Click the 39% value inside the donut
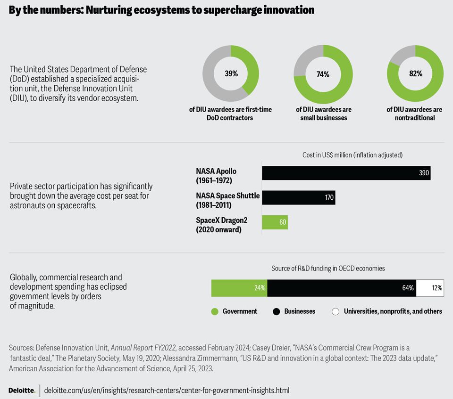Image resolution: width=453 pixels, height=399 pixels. click(x=231, y=73)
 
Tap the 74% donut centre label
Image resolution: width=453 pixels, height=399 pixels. click(x=323, y=74)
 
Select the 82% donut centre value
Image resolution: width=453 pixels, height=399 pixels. click(x=416, y=73)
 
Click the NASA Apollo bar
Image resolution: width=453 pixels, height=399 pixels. click(x=346, y=173)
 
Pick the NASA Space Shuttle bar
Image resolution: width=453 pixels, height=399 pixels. click(x=298, y=197)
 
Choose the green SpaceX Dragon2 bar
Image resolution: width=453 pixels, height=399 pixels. click(x=275, y=222)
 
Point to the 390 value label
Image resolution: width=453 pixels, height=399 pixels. click(x=424, y=173)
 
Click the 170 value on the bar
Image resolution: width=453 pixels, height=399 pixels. click(x=329, y=197)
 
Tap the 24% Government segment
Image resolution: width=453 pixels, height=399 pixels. click(x=239, y=288)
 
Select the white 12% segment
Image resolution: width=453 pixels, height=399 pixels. click(x=430, y=288)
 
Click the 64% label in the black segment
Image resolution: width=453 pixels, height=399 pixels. click(x=408, y=288)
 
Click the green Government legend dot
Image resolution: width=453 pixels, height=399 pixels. click(x=215, y=311)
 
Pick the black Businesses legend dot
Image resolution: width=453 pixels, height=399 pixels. click(x=277, y=311)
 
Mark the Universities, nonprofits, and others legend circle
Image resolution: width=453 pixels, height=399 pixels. click(x=336, y=311)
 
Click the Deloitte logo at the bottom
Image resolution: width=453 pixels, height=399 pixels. click(x=22, y=391)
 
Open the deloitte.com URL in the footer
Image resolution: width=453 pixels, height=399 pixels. click(x=167, y=391)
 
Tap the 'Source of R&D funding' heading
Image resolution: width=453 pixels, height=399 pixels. click(x=328, y=269)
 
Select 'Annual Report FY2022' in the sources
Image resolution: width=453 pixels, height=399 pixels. click(x=143, y=348)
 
